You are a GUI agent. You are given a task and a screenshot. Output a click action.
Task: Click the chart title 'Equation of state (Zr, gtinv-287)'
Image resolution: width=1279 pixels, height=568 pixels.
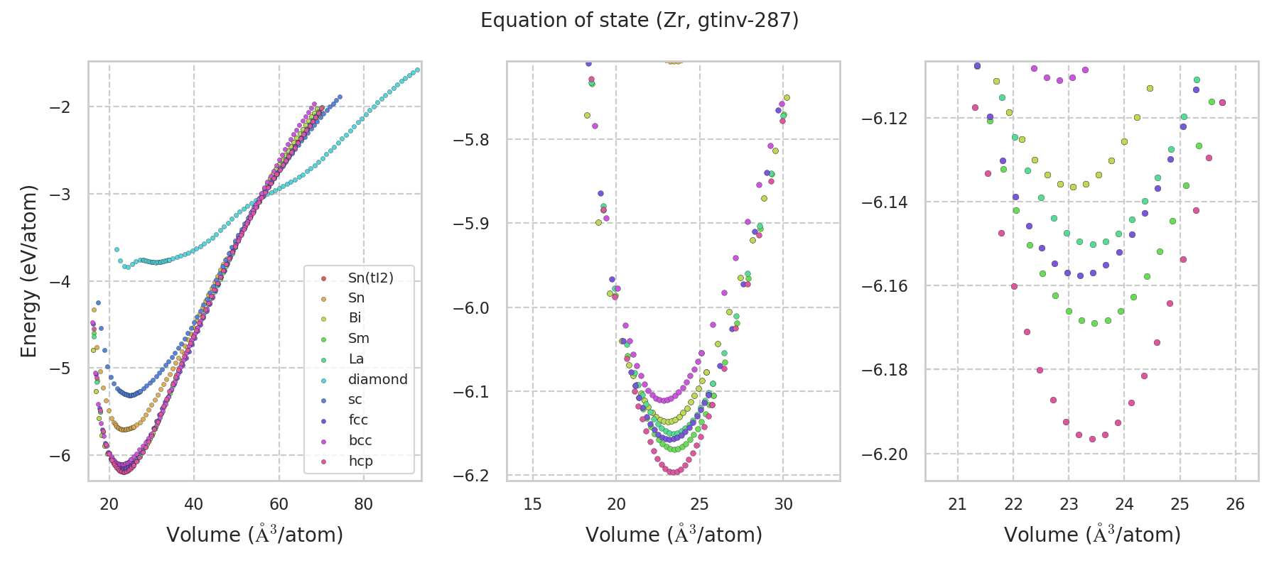pyautogui.click(x=639, y=21)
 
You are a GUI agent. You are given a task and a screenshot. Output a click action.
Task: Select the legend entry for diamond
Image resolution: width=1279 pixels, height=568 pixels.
pyautogui.click(x=377, y=379)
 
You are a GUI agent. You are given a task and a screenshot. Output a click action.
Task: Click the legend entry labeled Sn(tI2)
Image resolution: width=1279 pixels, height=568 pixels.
pyautogui.click(x=370, y=278)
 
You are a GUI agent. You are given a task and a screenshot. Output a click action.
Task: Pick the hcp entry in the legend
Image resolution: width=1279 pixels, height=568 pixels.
pyautogui.click(x=360, y=461)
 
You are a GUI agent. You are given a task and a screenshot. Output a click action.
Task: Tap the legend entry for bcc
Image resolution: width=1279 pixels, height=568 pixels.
pyautogui.click(x=360, y=440)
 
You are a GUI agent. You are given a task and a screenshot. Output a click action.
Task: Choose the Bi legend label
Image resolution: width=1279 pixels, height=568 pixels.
pyautogui.click(x=355, y=318)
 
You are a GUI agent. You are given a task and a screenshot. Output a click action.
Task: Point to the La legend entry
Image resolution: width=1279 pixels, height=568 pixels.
pyautogui.click(x=356, y=359)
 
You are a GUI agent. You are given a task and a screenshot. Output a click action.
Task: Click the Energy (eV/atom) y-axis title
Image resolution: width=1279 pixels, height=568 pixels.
pyautogui.click(x=29, y=271)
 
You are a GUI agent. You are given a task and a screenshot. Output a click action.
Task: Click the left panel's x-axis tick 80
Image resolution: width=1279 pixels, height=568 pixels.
pyautogui.click(x=364, y=504)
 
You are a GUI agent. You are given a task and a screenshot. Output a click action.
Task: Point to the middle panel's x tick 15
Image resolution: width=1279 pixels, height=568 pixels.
pyautogui.click(x=532, y=504)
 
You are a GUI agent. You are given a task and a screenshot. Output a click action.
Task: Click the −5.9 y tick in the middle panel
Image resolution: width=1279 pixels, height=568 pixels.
pyautogui.click(x=473, y=224)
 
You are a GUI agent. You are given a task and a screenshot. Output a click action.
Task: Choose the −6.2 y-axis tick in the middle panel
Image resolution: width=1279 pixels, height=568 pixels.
pyautogui.click(x=473, y=476)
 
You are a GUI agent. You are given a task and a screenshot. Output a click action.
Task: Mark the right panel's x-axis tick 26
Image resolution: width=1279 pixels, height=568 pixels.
pyautogui.click(x=1236, y=504)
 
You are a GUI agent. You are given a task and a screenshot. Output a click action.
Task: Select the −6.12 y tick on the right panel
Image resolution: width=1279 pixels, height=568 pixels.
pyautogui.click(x=885, y=118)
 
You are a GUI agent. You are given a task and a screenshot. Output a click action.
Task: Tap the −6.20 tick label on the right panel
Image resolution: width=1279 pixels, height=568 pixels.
pyautogui.click(x=885, y=454)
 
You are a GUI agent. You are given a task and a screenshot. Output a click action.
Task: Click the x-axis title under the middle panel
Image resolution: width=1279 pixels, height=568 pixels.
pyautogui.click(x=674, y=535)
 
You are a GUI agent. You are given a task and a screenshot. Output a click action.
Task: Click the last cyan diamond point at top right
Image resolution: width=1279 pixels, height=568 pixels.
pyautogui.click(x=417, y=70)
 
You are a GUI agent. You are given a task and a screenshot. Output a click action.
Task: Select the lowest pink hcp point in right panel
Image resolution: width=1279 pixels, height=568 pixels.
pyautogui.click(x=1092, y=439)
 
